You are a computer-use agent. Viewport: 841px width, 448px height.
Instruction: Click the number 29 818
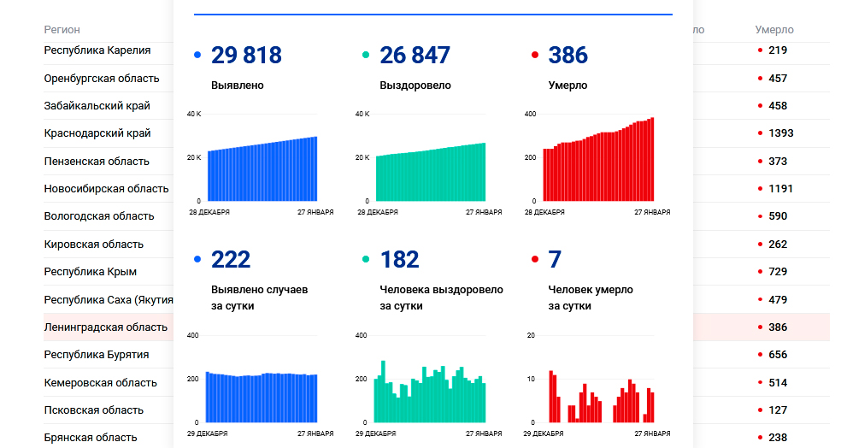[x=246, y=56]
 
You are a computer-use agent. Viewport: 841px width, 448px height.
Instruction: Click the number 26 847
[x=415, y=56]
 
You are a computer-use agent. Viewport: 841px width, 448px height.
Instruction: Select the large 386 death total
[x=568, y=56]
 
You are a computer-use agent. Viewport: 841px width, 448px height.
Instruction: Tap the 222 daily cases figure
[x=231, y=259]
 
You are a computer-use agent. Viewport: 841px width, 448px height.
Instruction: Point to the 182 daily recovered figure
[x=399, y=259]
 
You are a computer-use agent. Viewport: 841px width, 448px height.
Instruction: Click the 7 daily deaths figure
[x=555, y=259]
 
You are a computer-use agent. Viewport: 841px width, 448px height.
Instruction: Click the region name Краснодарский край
[x=97, y=133]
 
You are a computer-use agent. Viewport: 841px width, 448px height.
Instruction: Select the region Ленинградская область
[x=106, y=327]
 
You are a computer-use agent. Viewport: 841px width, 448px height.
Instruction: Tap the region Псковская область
[x=97, y=410]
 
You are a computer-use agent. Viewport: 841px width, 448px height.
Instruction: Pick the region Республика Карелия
[x=97, y=50]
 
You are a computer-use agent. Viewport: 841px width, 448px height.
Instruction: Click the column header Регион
[x=62, y=30]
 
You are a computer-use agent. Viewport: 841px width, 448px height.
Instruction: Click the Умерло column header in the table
[x=774, y=30]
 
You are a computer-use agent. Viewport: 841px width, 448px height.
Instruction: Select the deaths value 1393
[x=781, y=133]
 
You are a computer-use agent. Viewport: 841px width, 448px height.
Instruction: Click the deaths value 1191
[x=781, y=189]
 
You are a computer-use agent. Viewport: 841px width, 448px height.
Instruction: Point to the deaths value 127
[x=778, y=410]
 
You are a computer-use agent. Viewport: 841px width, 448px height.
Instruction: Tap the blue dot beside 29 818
[x=197, y=56]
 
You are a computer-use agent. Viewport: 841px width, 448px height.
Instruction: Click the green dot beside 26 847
[x=366, y=56]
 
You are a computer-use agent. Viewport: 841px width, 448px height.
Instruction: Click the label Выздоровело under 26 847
[x=415, y=85]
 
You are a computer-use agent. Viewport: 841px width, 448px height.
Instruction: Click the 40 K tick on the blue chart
[x=193, y=114]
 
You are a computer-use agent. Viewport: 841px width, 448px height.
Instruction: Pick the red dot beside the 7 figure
[x=534, y=259]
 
